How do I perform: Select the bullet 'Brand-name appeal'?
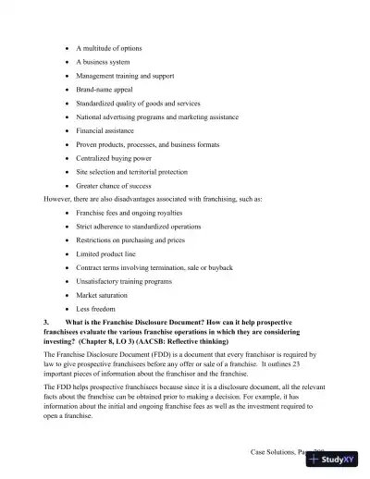coord(105,89)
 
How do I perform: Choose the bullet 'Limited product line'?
coord(106,253)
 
